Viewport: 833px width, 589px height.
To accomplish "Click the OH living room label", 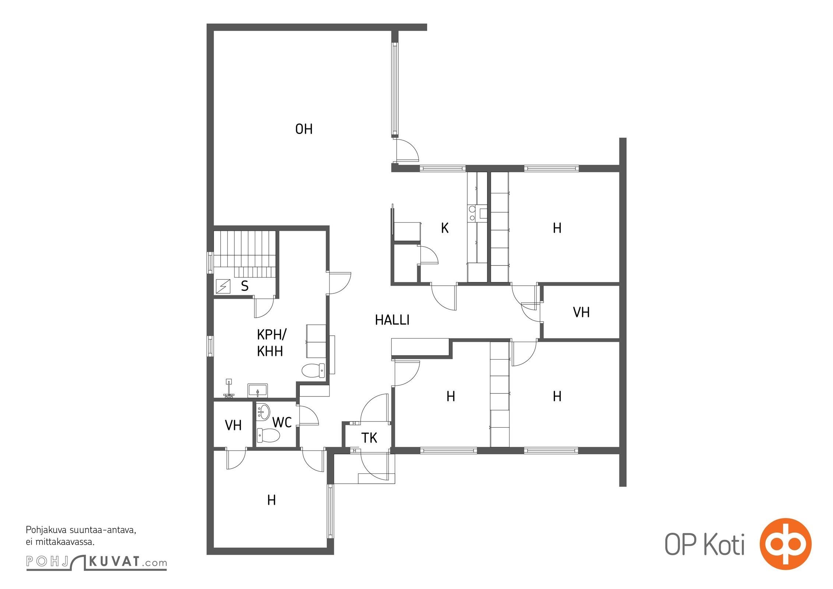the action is (304, 129).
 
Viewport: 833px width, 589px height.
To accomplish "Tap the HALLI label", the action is (392, 320).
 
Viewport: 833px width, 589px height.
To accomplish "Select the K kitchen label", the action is (445, 228).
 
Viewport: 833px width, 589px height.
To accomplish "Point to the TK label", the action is (369, 438).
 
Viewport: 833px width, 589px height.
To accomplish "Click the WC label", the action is (282, 422).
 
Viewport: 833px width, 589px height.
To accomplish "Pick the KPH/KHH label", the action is (271, 343).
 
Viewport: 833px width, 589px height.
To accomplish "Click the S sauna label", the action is (245, 286).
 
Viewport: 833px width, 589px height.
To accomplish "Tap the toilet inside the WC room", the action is (268, 435).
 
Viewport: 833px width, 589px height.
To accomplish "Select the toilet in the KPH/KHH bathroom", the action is (313, 371).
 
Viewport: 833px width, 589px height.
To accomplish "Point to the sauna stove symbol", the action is (223, 286).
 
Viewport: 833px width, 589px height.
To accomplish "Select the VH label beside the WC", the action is (233, 426).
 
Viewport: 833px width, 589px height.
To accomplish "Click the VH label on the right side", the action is (581, 313).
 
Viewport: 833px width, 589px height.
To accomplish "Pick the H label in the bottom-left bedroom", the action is (271, 500).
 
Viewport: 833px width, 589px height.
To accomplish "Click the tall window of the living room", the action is (395, 88).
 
